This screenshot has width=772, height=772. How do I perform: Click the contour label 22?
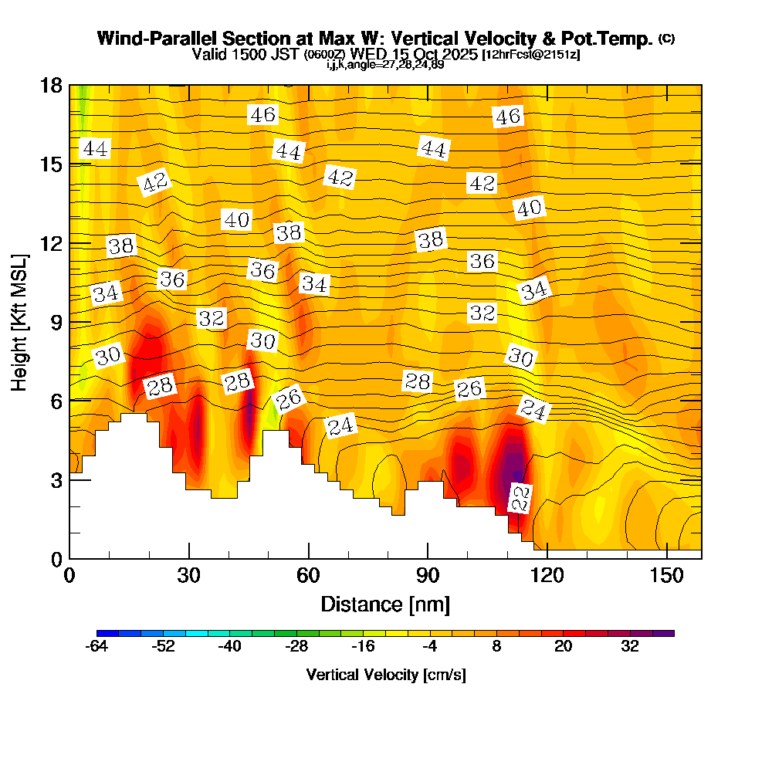point(521,498)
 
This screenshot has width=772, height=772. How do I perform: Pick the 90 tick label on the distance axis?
point(427,576)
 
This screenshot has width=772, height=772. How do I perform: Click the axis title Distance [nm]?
point(385,604)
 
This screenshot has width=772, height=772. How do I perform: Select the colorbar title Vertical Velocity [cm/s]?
point(385,675)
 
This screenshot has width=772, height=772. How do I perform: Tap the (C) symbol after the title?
point(667,39)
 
